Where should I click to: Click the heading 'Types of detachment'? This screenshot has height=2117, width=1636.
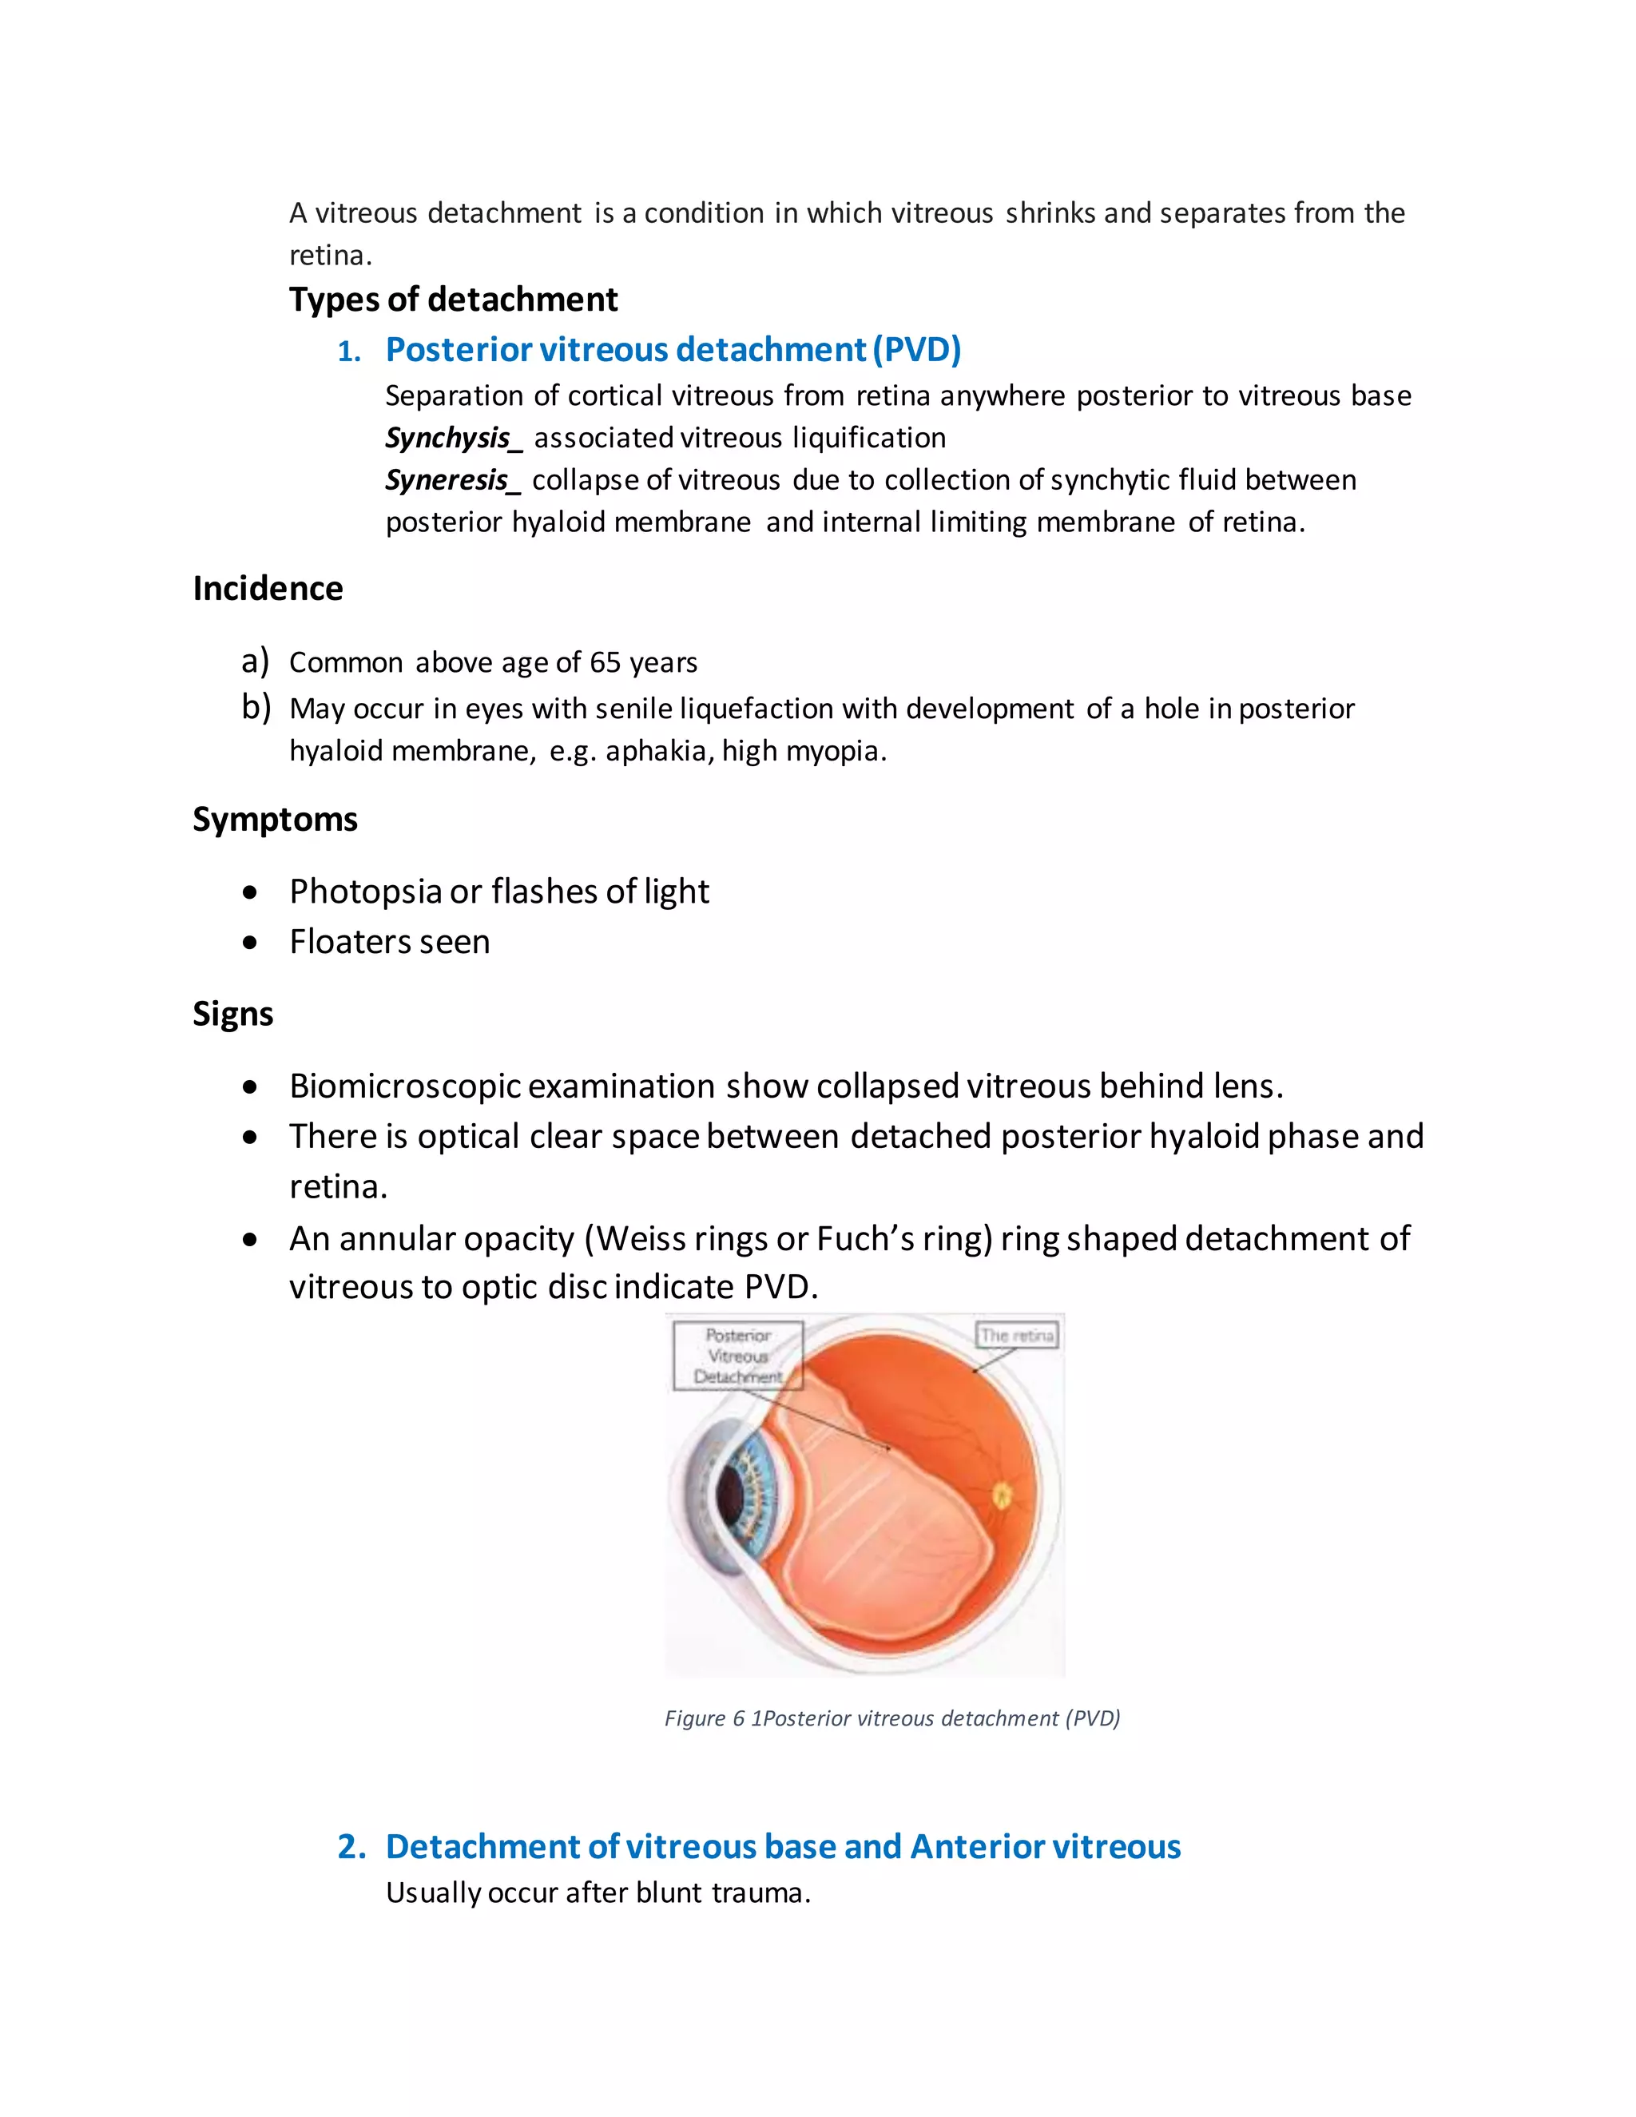tap(453, 300)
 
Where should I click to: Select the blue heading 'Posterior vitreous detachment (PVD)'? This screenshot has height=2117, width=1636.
tap(673, 350)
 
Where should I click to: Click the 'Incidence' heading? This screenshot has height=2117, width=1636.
tap(268, 589)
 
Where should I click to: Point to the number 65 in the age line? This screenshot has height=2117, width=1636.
tap(605, 662)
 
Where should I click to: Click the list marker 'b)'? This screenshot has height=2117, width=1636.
tap(256, 708)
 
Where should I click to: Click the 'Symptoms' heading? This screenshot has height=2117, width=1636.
tap(276, 819)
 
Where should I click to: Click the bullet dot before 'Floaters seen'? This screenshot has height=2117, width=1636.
tap(251, 942)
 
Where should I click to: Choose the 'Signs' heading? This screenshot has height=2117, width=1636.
tap(232, 1014)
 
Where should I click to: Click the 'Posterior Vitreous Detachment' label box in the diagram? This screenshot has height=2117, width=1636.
tap(737, 1355)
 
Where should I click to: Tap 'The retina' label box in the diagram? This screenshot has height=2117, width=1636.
tap(1017, 1336)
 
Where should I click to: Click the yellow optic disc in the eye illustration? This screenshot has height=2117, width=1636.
tap(1003, 1496)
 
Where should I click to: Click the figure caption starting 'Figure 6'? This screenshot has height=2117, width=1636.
tap(891, 1718)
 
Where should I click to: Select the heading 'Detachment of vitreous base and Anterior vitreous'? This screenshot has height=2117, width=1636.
tap(783, 1846)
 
